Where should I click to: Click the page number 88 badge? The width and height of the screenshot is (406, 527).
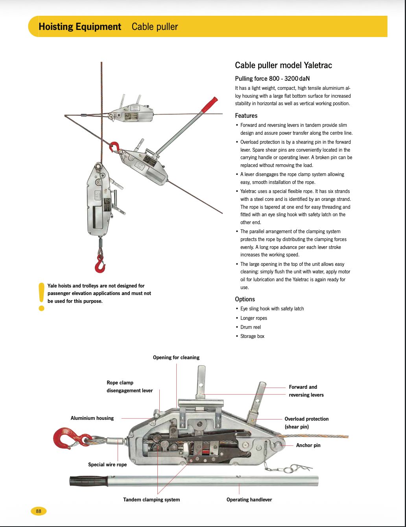point(39,511)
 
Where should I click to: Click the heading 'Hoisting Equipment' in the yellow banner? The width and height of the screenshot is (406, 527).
point(80,27)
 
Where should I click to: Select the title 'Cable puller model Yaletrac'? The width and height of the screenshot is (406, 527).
point(283,65)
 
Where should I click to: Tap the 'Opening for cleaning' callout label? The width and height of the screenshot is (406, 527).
point(176,358)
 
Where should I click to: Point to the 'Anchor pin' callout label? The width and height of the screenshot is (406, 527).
point(308,445)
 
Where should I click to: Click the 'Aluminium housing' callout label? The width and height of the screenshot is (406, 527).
point(92,418)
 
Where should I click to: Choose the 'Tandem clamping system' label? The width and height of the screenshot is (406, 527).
point(151,500)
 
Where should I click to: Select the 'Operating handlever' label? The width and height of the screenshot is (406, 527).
point(249,500)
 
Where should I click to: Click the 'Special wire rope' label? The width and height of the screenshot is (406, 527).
point(107,465)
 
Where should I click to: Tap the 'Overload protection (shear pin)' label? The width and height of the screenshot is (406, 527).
point(306,423)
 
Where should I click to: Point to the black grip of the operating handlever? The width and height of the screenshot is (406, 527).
point(89,481)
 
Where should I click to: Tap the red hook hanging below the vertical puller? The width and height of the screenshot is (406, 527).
point(100,264)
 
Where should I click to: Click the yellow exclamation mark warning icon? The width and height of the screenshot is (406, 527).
point(42,296)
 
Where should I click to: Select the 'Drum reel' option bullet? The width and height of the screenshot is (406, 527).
point(251,327)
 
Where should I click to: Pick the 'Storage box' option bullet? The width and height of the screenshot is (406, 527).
point(252,336)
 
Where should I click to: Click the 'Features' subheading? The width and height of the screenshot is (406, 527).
point(246,116)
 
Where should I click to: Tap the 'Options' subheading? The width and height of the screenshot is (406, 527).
point(245,299)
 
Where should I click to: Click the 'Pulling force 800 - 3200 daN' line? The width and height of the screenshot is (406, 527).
point(272,79)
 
